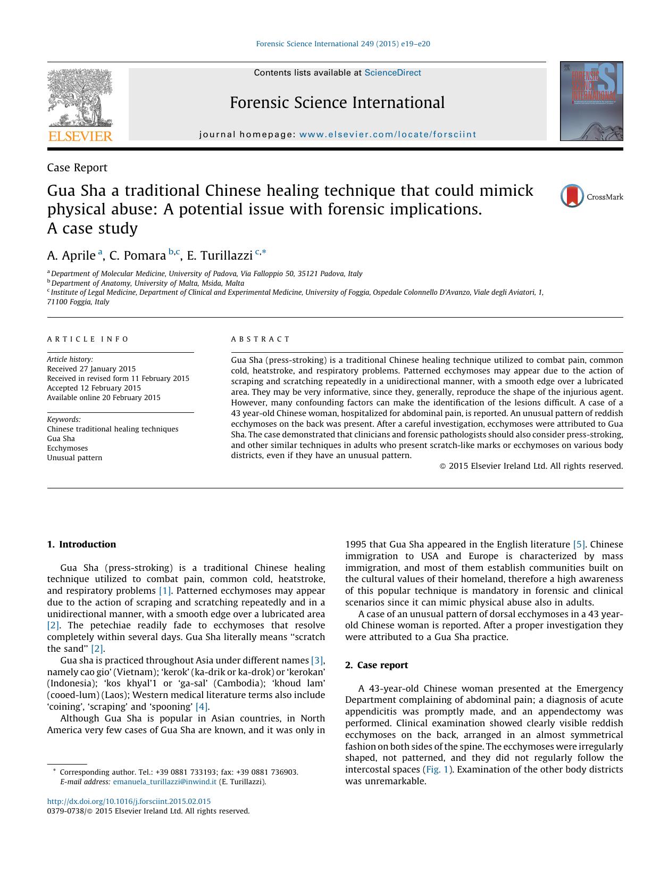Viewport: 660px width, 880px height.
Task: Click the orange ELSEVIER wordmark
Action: point(80,136)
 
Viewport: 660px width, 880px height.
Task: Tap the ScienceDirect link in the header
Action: point(392,73)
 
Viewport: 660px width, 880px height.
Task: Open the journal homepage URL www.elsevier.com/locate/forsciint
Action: point(388,135)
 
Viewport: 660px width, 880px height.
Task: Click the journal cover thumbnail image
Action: point(591,101)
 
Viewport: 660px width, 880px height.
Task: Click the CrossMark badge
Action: point(591,196)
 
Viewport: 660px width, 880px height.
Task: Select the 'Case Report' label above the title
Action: point(77,168)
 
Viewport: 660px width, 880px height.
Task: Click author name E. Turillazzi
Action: point(219,256)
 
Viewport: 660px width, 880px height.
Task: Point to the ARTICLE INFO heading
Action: point(88,339)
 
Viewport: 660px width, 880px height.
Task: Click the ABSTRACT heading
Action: point(261,339)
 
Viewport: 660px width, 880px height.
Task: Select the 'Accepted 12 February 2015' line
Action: point(94,388)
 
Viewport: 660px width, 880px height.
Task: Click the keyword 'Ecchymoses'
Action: point(67,448)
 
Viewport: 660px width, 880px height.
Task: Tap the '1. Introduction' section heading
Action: point(81,544)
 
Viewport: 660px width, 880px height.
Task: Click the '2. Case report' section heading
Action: point(377,665)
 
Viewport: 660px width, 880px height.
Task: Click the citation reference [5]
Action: point(579,544)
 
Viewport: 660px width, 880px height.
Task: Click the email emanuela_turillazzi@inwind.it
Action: point(164,782)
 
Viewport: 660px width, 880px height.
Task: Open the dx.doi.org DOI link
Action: point(129,801)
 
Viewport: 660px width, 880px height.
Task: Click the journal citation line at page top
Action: point(343,44)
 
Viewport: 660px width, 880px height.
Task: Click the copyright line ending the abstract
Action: point(531,466)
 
